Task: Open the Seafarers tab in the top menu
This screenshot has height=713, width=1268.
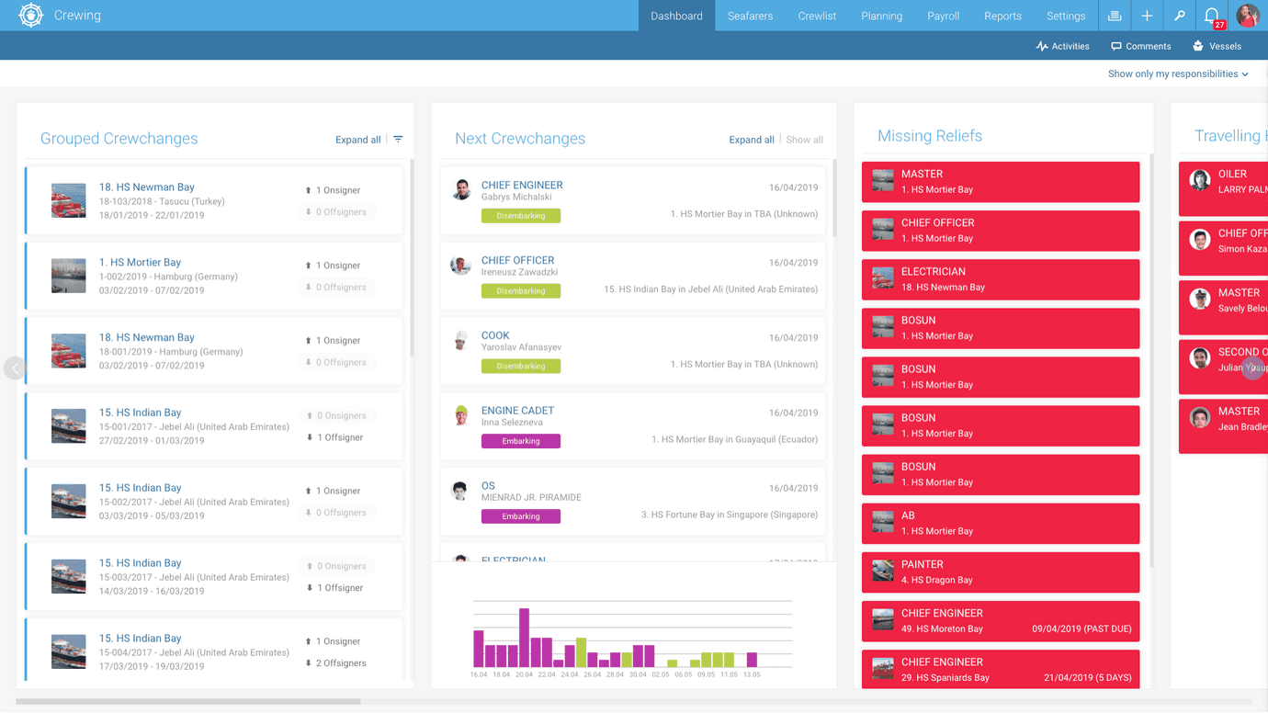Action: pos(750,16)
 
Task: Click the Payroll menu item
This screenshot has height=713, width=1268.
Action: pos(943,16)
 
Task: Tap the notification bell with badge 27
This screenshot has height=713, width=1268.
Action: pos(1212,16)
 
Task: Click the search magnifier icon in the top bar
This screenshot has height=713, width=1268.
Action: pos(1179,16)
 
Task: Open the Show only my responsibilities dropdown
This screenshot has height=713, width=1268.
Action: pos(1178,74)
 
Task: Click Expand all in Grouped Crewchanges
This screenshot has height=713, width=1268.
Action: pos(357,140)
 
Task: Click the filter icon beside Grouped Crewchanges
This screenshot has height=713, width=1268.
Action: pos(398,140)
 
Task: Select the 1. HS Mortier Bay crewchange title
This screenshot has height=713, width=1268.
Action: pos(140,262)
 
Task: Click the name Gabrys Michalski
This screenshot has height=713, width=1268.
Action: pos(516,198)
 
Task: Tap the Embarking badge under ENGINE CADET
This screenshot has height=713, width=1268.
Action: pos(521,441)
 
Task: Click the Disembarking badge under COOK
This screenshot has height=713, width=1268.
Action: pos(521,366)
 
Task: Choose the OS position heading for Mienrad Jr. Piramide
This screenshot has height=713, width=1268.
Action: pos(488,486)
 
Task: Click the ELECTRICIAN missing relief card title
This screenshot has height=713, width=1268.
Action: pos(933,272)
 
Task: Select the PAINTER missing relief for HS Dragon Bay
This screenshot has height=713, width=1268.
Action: pos(922,564)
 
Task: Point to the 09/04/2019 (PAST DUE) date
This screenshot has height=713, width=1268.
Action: pos(1081,629)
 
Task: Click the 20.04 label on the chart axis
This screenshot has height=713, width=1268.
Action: pos(524,674)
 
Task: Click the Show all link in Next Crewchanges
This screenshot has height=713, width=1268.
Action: pos(804,140)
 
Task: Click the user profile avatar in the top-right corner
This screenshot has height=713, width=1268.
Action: pos(1247,16)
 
